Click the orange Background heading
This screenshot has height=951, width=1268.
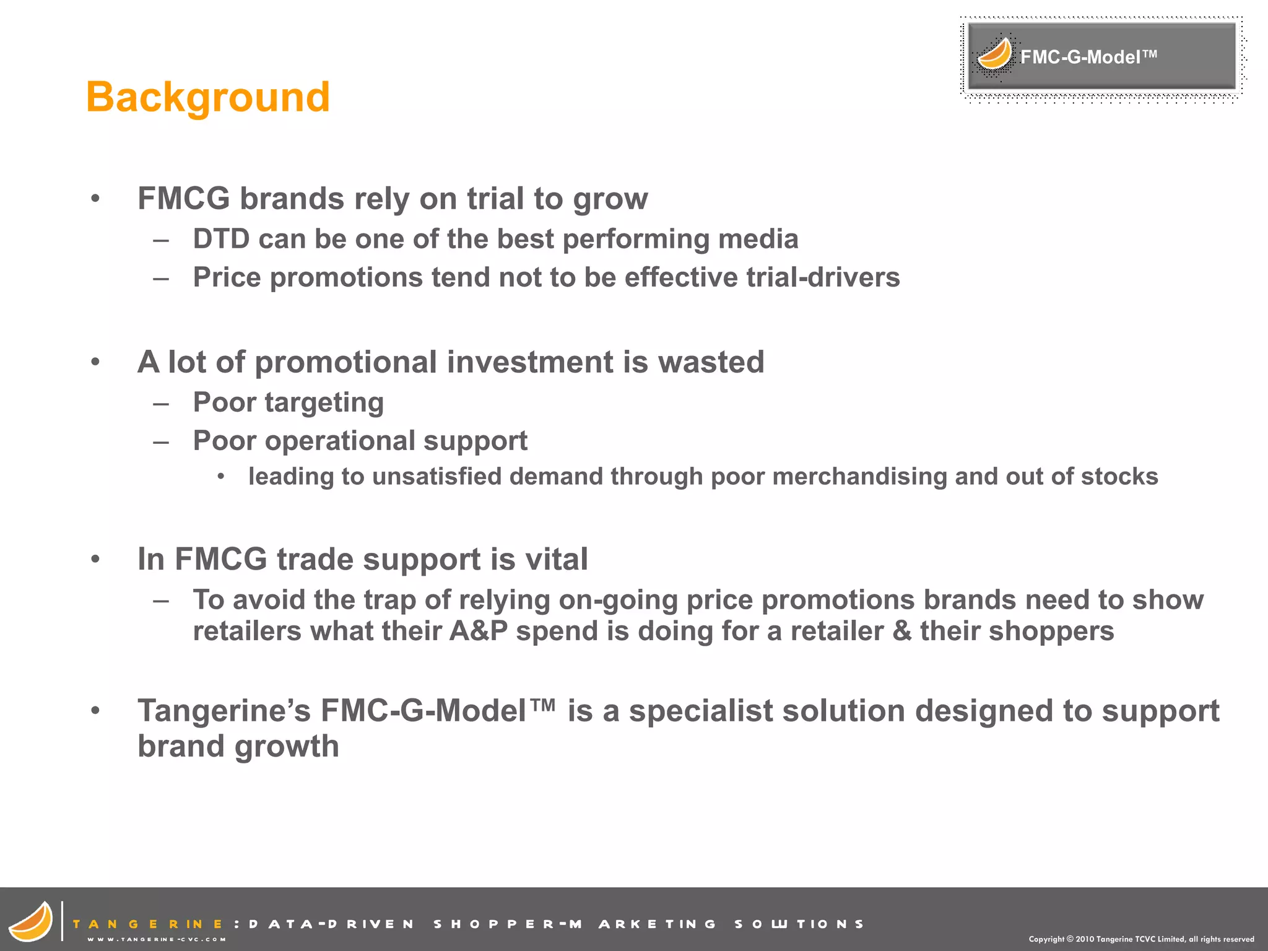(208, 97)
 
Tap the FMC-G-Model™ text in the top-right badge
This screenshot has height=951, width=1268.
(1088, 57)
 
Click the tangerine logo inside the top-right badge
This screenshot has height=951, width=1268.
(994, 54)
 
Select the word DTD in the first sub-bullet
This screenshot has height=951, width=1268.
(221, 239)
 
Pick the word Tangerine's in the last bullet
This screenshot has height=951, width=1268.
(224, 711)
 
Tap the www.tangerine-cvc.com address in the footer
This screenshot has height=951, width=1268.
(156, 939)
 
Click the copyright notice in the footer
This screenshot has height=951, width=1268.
(1141, 939)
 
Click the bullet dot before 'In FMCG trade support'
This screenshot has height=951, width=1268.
(95, 559)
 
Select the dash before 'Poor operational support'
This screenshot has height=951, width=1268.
(161, 442)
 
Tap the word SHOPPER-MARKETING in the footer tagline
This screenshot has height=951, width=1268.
(508, 924)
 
